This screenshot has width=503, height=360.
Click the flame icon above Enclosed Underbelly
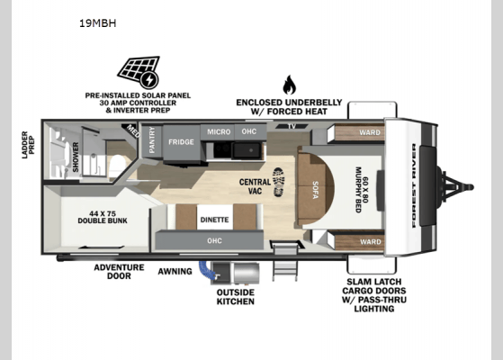[289, 85]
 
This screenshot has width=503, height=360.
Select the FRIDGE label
[180, 140]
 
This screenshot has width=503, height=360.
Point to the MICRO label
[219, 132]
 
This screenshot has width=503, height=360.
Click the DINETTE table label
[214, 220]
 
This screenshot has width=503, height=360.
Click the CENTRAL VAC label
[254, 186]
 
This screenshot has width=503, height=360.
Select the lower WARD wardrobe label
[370, 241]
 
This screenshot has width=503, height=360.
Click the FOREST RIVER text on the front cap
[414, 186]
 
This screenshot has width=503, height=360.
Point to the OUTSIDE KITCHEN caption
[235, 296]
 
